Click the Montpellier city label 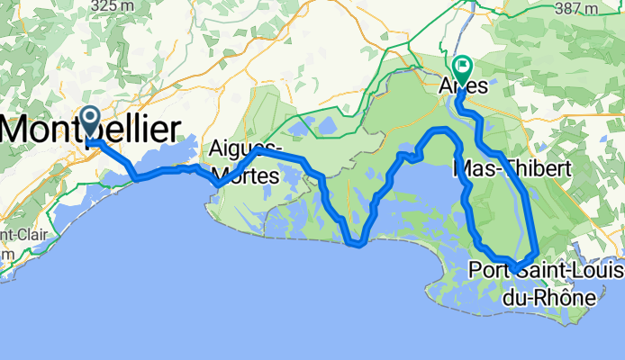(90, 130)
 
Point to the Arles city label (463, 88)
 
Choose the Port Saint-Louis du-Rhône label (532, 282)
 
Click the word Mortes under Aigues (246, 167)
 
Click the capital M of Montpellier (16, 130)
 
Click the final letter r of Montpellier (172, 130)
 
